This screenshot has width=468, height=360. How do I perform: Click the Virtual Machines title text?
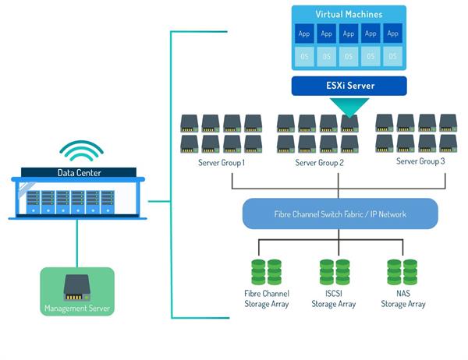tap(349, 15)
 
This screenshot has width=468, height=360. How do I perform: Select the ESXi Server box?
tap(349, 85)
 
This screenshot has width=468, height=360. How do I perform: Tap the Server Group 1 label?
tap(222, 162)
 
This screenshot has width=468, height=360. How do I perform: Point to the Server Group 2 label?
tap(321, 162)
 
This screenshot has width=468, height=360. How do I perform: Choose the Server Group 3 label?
tap(420, 161)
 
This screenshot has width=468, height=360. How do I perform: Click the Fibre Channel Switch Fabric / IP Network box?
tap(339, 213)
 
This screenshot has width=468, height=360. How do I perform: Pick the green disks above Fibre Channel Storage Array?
tap(266, 271)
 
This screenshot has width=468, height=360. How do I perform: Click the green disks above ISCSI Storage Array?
tap(334, 271)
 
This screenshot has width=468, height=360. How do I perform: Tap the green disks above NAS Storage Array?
tap(402, 271)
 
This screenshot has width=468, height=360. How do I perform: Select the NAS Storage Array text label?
tap(402, 298)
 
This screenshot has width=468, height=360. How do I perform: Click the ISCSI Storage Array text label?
tap(334, 298)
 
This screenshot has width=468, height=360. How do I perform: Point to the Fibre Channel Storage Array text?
tap(266, 298)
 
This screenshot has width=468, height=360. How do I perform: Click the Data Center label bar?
tap(79, 172)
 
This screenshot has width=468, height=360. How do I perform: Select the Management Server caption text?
tap(77, 309)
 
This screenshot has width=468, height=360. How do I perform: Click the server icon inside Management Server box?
tap(77, 286)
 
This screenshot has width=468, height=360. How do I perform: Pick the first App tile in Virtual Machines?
tap(305, 34)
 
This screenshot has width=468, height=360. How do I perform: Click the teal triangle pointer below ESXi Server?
tap(349, 108)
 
